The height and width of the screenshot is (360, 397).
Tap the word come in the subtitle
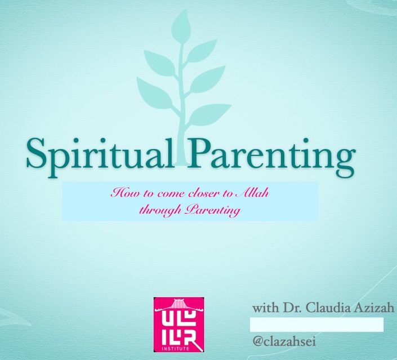click(x=172, y=195)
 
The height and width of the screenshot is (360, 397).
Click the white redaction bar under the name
click(x=316, y=325)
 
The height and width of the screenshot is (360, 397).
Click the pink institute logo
click(x=179, y=325)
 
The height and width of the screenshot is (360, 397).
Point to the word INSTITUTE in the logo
click(x=179, y=349)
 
